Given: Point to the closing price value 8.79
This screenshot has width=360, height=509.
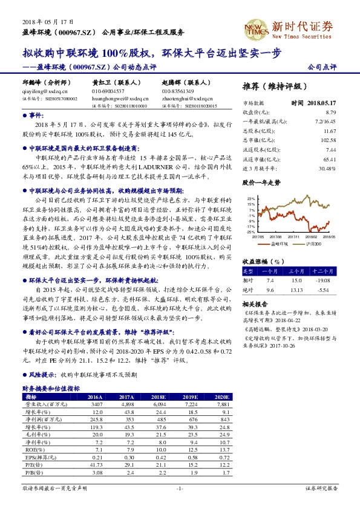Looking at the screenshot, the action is (x=330, y=112).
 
